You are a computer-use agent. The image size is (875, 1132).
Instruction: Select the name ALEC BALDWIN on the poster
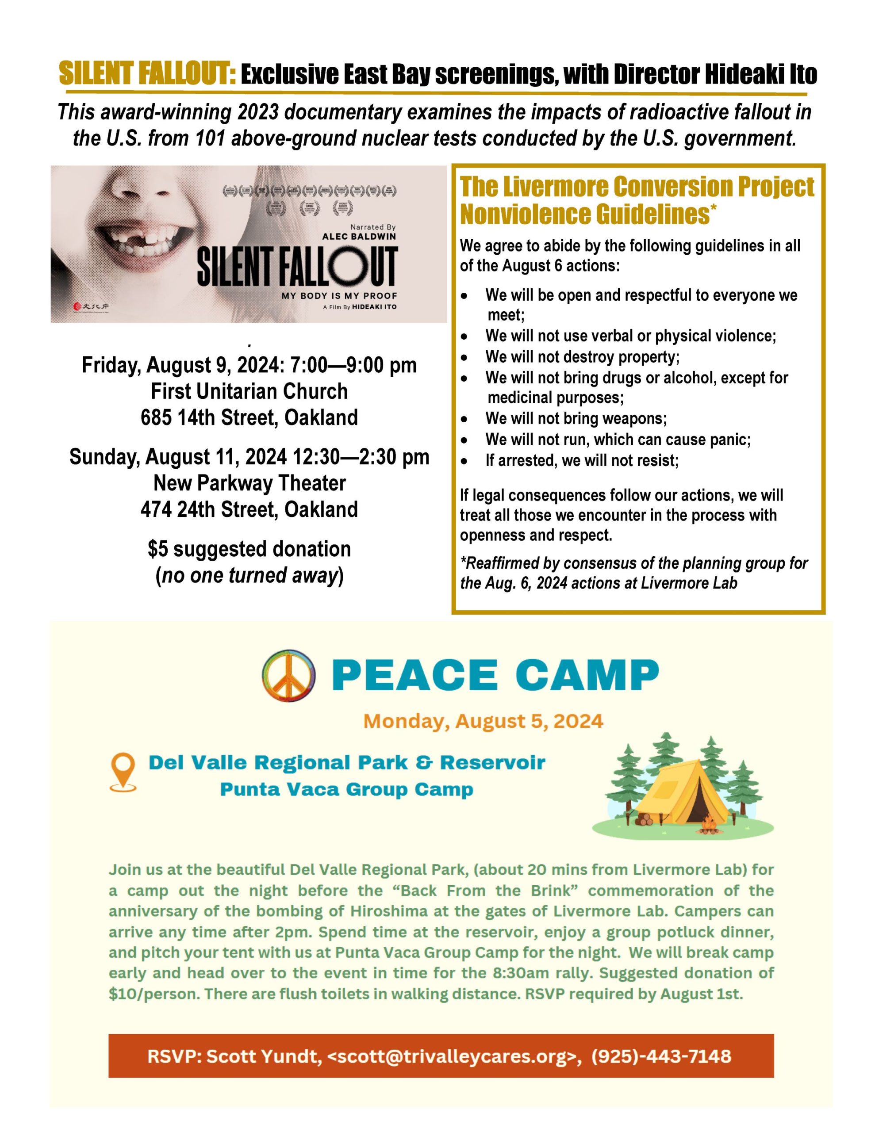point(359,237)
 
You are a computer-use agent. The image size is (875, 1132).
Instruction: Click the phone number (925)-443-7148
point(661,1056)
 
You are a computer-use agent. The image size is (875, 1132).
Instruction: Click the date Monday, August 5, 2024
point(483,721)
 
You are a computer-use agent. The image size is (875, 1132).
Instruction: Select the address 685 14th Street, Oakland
point(249,417)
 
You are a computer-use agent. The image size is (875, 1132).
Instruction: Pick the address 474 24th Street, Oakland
point(249,509)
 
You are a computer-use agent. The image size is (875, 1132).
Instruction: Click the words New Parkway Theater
point(249,483)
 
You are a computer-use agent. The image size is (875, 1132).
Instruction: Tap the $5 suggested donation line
point(249,549)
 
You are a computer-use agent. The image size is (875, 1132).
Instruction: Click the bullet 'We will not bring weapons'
point(576,418)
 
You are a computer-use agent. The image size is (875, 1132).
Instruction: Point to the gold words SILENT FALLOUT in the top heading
point(148,74)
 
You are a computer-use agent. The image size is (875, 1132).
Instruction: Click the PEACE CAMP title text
point(498,675)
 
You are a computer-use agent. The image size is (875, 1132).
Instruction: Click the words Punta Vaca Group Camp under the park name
point(346,789)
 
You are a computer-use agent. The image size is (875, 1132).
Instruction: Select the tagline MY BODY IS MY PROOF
point(339,296)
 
